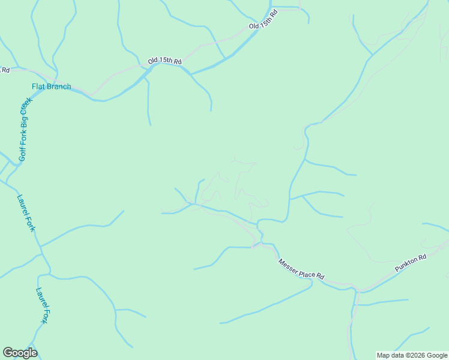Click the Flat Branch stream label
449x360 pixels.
click(51, 86)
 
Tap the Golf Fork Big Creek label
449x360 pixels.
click(25, 130)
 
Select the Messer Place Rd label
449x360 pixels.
click(301, 269)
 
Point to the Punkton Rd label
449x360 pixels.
click(411, 262)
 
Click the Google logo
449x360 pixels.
click(20, 353)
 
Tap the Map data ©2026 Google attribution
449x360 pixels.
click(412, 355)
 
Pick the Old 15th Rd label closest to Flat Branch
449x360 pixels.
click(164, 61)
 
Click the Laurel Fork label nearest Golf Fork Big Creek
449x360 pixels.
click(26, 212)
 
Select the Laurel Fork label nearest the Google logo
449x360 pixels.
click(42, 305)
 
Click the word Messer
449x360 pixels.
click(288, 265)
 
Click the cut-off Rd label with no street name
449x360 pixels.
click(5, 70)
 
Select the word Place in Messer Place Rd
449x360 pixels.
click(306, 271)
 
